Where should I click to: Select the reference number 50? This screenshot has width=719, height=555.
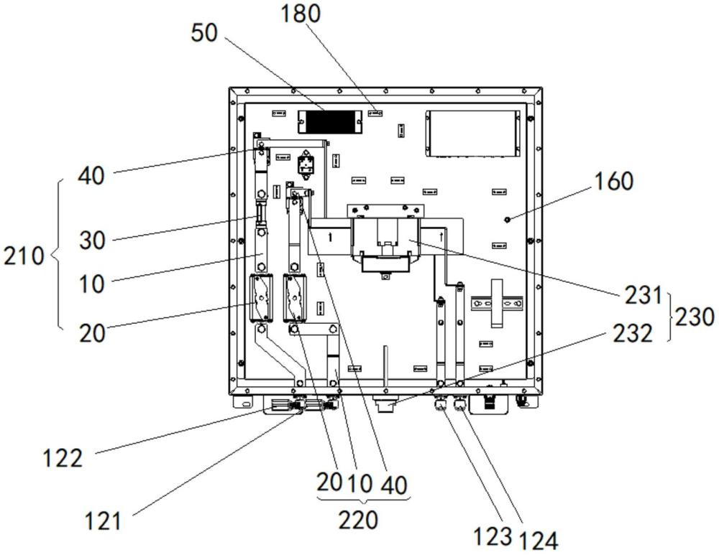point(205,33)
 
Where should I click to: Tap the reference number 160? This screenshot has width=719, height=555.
point(613,182)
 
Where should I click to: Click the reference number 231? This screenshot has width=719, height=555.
point(641,295)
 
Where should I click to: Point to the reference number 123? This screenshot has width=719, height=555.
point(492,535)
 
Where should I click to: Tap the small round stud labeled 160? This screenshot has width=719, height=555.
point(508,218)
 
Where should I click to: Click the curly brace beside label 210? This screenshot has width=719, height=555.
point(57,255)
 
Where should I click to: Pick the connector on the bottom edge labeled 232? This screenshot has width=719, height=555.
point(385,406)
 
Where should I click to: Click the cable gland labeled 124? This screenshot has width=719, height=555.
point(459,406)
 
